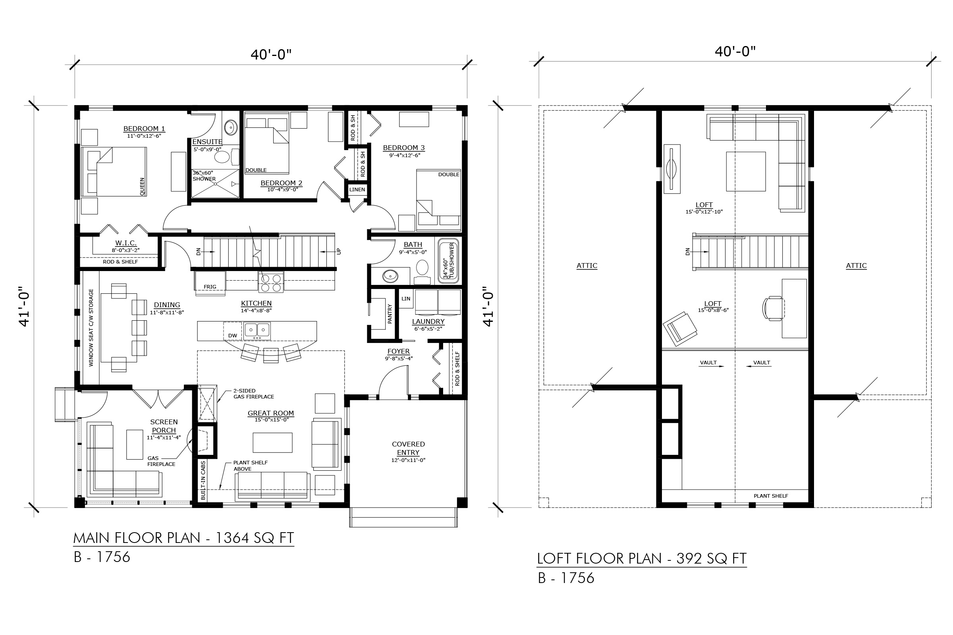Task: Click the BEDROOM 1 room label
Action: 144,129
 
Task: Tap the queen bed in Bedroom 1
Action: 114,172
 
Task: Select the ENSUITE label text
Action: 207,142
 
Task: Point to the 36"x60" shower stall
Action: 215,183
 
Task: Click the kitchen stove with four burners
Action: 271,282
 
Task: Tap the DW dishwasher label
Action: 233,335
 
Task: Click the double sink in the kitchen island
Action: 257,331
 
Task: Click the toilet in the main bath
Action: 422,272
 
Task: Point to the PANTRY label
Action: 390,314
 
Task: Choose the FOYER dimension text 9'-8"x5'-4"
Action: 399,358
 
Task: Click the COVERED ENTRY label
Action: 409,448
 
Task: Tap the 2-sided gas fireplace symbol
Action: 207,403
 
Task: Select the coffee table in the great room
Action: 273,442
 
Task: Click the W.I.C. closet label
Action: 125,243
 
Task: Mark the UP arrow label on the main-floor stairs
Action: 339,251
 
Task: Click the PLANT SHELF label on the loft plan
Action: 771,496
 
